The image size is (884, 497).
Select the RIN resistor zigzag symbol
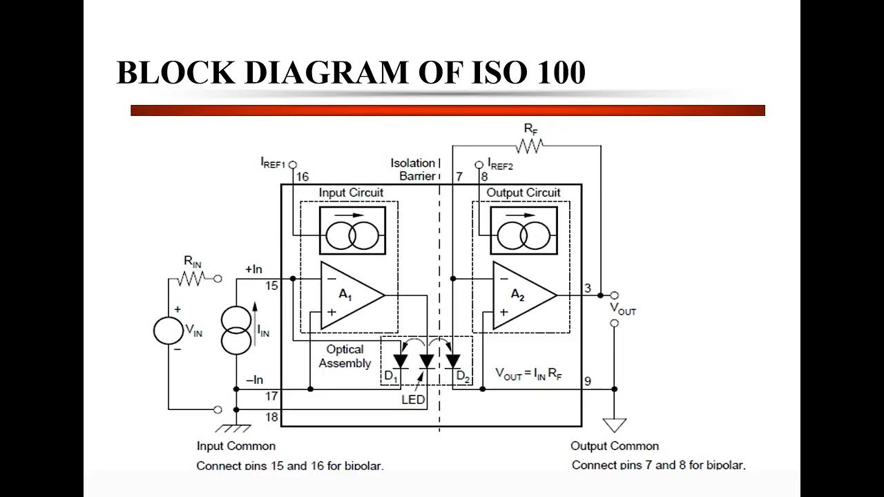coord(193,278)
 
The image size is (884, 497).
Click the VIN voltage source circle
coord(169,330)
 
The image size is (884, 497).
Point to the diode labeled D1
coord(400,361)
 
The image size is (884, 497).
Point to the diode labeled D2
coord(453,361)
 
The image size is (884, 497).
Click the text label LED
coord(414,400)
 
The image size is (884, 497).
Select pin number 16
coord(302,177)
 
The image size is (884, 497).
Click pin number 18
coord(271,416)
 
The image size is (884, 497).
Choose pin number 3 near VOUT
coord(588,288)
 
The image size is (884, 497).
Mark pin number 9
coord(588,381)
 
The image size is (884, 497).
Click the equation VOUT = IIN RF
coord(529,374)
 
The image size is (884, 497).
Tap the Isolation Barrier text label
coord(414,169)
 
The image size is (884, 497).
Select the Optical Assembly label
coord(345,356)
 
